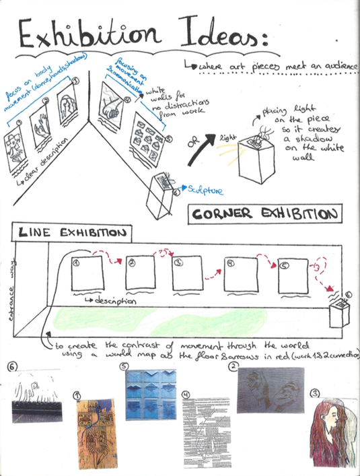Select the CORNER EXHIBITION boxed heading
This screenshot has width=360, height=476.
tap(262, 215)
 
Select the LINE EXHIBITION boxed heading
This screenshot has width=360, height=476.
tap(73, 233)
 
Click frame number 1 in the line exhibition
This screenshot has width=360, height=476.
tap(87, 275)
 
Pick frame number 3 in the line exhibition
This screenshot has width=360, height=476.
tap(187, 275)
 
